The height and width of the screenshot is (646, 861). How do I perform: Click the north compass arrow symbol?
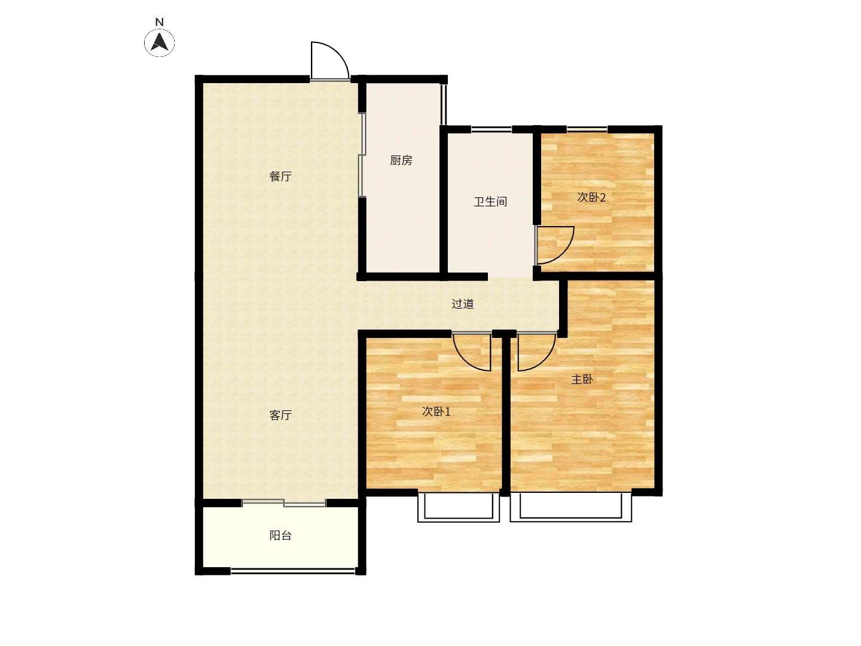[x=159, y=42]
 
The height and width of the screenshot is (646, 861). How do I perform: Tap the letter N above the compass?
[x=159, y=22]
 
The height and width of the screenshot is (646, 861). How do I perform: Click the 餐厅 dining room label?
[x=280, y=176]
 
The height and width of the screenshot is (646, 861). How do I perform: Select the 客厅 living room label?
[x=280, y=415]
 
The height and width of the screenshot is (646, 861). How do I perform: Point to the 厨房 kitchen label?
[x=401, y=160]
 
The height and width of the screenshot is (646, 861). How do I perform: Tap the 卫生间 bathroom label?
[x=490, y=202]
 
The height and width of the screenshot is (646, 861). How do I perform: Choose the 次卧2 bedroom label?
[x=591, y=197]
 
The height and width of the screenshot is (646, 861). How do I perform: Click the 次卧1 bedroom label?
[x=436, y=411]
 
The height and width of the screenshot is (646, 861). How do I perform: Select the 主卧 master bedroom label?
[x=582, y=379]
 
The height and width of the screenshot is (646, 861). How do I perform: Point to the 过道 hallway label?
[x=463, y=304]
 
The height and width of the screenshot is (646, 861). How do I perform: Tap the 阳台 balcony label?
[x=280, y=535]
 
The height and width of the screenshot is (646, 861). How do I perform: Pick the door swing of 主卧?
[x=545, y=361]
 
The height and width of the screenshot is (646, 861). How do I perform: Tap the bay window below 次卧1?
[x=459, y=508]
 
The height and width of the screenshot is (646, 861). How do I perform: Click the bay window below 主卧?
[x=571, y=508]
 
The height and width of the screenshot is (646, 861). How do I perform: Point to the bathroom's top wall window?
[x=491, y=129]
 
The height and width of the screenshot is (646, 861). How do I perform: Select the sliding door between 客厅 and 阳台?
[x=283, y=502]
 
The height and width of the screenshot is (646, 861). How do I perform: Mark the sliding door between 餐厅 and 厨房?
[x=362, y=154]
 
